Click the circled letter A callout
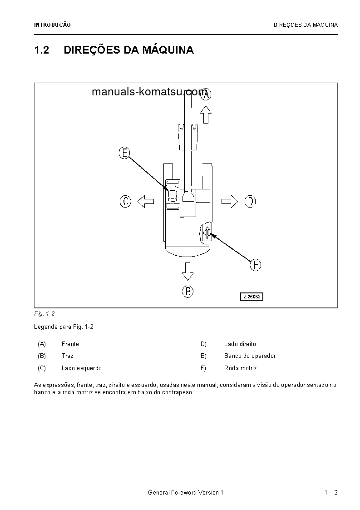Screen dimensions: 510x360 [x=206, y=94]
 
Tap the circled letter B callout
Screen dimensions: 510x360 [x=188, y=291]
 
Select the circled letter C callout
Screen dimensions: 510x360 [x=126, y=201]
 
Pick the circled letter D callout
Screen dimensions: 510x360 [x=250, y=201]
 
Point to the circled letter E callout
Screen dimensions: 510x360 [x=124, y=153]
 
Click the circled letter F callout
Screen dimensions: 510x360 [x=256, y=265]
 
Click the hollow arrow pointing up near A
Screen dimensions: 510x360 [x=206, y=115]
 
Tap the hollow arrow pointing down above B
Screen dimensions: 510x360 [x=187, y=271]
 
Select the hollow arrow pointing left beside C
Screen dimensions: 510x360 [x=145, y=201]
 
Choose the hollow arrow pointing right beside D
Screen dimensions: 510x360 [x=230, y=201]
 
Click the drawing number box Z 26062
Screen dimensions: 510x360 [x=252, y=297]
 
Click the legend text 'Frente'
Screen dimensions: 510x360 [x=70, y=344]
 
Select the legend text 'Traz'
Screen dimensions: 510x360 [x=67, y=356]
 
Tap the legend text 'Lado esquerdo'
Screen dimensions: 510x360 [x=82, y=368]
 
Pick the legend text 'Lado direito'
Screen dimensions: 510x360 [x=240, y=344]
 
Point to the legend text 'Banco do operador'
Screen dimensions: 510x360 [x=250, y=356]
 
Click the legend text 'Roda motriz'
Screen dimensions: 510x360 [x=240, y=368]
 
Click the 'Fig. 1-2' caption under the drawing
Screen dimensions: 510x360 [x=44, y=314]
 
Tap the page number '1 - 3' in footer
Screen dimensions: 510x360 [x=331, y=493]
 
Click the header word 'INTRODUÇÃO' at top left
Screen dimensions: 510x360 [x=53, y=25]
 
